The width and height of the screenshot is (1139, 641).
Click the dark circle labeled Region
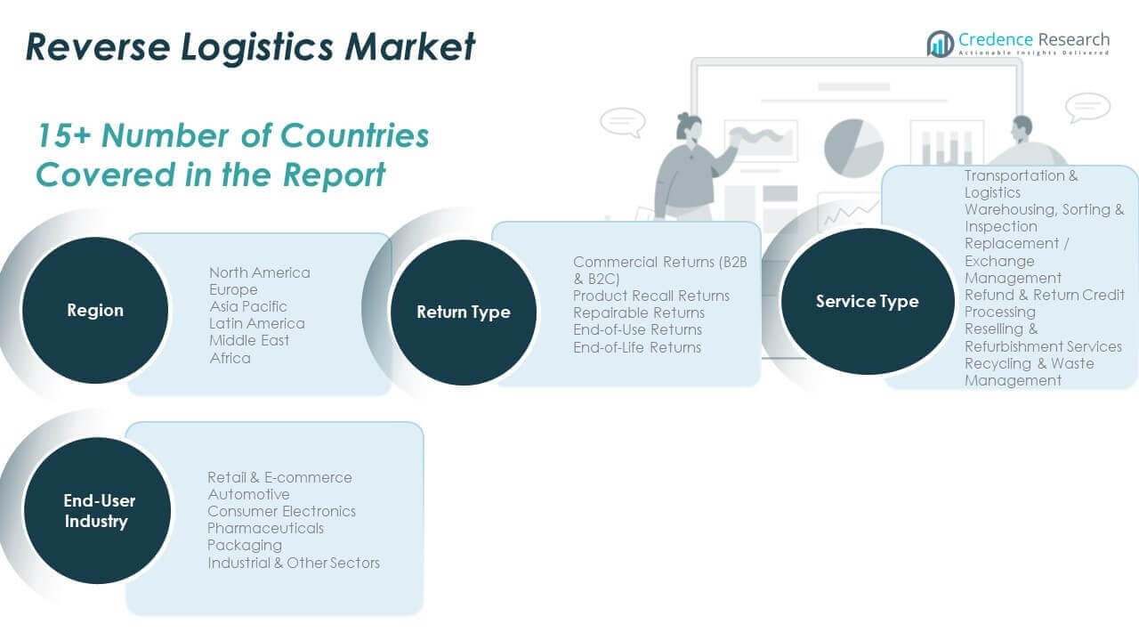click(94, 311)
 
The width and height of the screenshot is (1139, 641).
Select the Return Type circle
click(464, 312)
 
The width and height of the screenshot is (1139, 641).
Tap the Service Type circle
click(868, 302)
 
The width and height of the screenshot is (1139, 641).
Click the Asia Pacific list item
click(248, 306)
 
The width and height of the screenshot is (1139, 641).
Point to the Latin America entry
click(256, 323)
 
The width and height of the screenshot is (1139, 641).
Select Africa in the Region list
click(230, 358)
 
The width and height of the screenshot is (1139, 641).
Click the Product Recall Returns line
click(650, 296)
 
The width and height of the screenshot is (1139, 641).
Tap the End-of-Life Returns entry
click(637, 347)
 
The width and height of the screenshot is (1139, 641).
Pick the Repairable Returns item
click(638, 312)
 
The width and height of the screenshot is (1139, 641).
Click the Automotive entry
click(248, 494)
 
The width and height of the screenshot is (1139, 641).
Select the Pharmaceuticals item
click(265, 528)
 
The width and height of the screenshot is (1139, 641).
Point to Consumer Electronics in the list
click(281, 511)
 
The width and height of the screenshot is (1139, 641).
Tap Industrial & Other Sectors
click(294, 563)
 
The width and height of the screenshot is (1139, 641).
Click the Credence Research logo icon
click(940, 44)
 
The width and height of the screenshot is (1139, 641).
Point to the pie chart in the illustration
click(853, 147)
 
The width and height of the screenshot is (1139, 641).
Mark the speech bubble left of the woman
click(622, 121)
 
